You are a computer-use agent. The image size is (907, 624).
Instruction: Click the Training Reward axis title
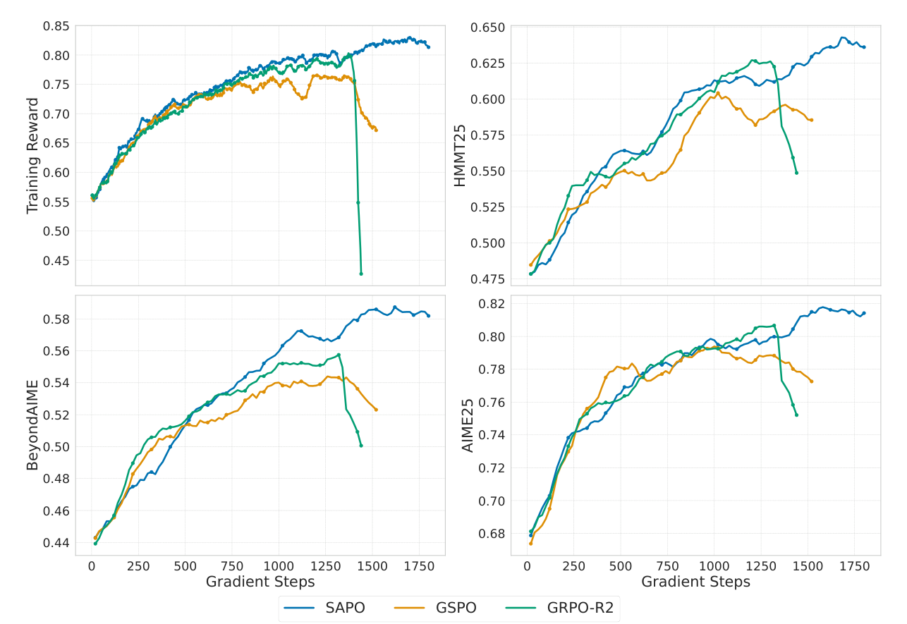[x=32, y=155]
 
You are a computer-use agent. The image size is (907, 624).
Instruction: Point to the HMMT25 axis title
[x=460, y=155]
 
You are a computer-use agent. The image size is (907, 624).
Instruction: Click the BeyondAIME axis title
[x=32, y=425]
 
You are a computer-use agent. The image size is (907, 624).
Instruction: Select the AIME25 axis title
[x=468, y=425]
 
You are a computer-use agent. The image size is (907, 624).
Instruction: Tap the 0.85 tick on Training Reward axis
[x=56, y=26]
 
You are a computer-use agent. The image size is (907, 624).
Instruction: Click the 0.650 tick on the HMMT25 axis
[x=487, y=27]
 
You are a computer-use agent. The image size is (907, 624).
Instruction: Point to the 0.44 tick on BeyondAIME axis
[x=56, y=543]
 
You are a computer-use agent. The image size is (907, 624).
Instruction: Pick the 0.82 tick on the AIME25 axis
[x=492, y=303]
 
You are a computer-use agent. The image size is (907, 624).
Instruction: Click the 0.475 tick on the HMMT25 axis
[x=487, y=279]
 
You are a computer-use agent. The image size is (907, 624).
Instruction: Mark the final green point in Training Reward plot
[x=361, y=274]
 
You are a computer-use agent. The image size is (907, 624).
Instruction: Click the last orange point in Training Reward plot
[x=376, y=130]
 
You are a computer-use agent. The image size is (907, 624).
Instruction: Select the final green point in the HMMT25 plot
[x=796, y=173]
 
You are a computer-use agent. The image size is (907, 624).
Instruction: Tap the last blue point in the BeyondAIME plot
[x=428, y=316]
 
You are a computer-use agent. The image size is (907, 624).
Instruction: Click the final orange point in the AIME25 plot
[x=812, y=381]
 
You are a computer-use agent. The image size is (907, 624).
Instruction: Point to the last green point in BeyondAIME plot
[x=361, y=446]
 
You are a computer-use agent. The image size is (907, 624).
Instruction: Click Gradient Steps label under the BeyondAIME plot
[x=260, y=582]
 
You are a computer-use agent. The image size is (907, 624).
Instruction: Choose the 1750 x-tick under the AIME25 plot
[x=854, y=565]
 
